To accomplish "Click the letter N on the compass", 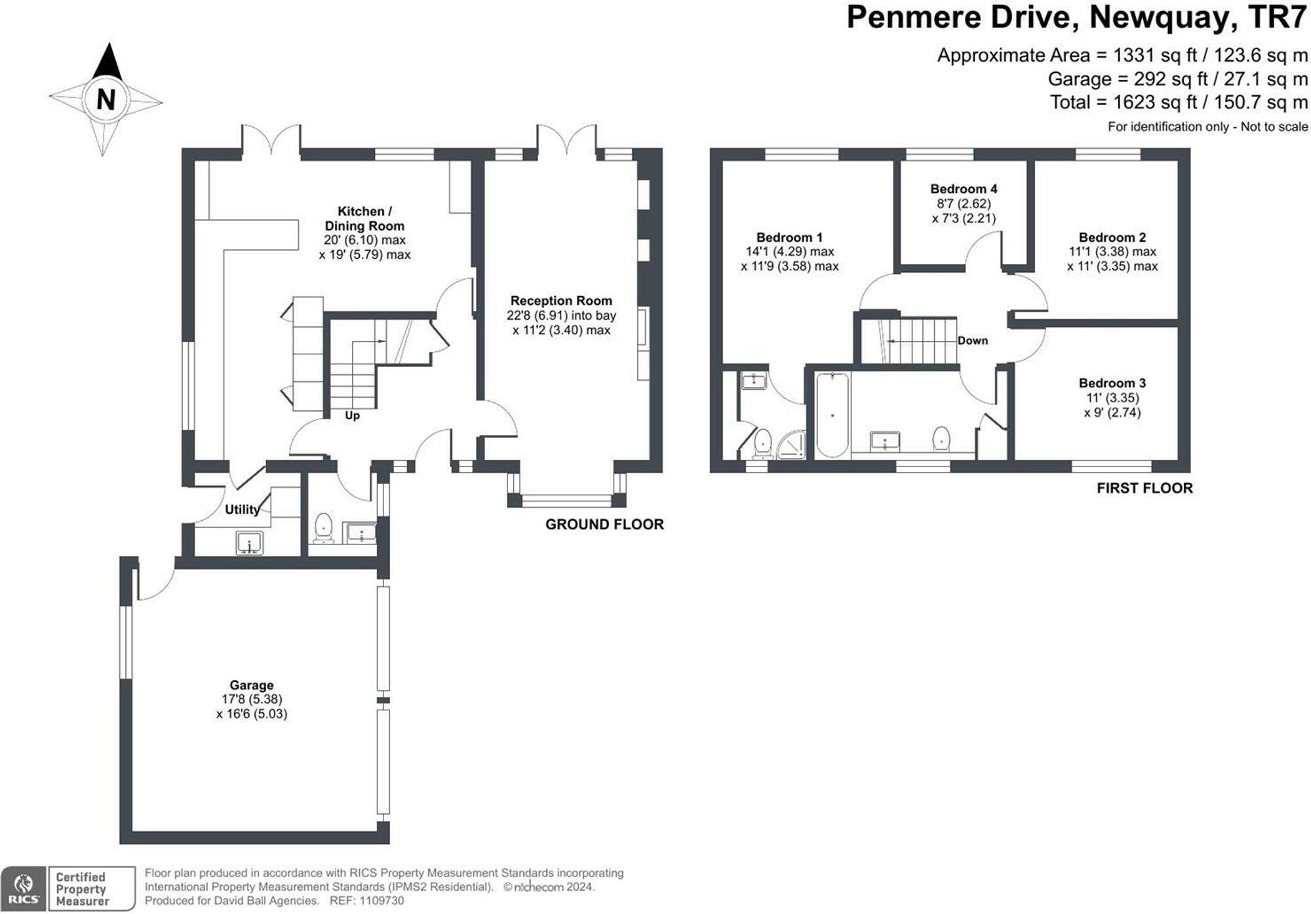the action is click(106, 100).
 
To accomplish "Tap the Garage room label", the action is click(252, 685).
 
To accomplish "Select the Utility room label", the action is click(243, 509).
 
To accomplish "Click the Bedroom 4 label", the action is click(964, 189).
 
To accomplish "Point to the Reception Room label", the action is click(561, 301).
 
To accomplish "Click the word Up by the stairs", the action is click(352, 415).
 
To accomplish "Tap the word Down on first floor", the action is click(973, 341).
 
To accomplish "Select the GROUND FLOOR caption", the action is click(604, 524).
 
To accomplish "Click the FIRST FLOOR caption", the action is click(1145, 488).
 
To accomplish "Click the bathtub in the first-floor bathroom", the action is click(832, 414).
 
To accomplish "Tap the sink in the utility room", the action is click(249, 543).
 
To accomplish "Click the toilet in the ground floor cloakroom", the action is click(323, 528).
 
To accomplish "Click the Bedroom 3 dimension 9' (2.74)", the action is click(1112, 412).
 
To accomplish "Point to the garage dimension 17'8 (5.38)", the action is click(252, 699).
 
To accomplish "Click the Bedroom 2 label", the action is click(1112, 237).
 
